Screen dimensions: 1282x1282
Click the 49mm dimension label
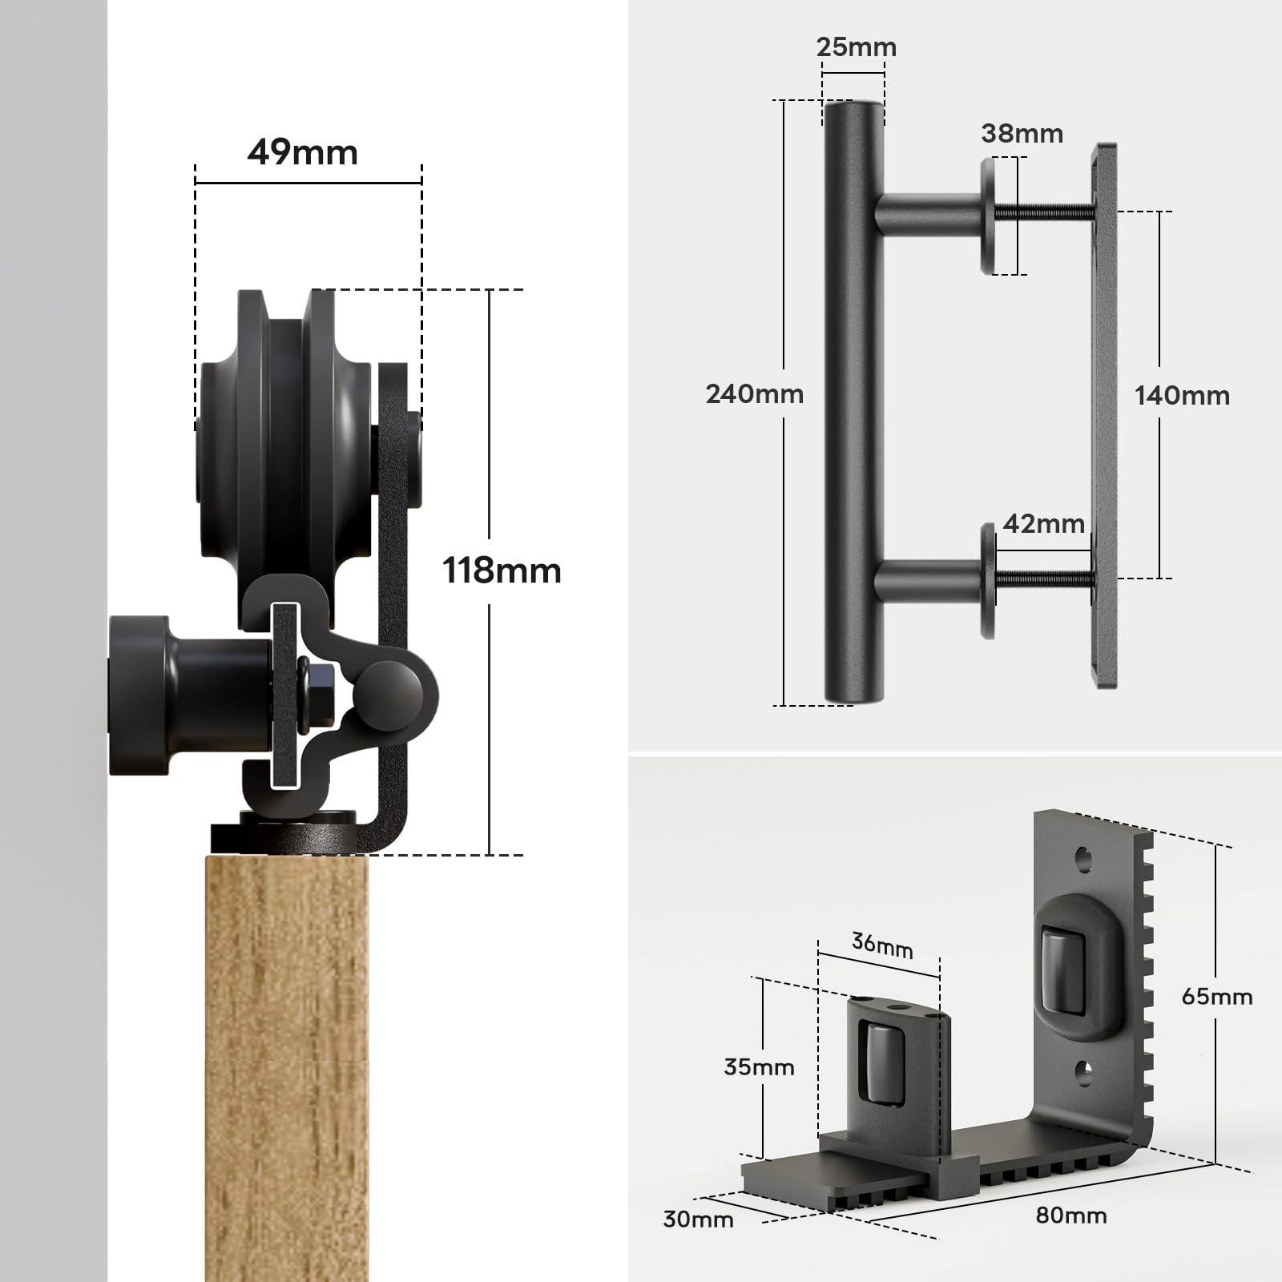click(302, 152)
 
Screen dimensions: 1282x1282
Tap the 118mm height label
click(502, 571)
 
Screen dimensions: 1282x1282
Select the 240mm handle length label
click(754, 394)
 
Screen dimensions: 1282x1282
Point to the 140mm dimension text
click(1182, 395)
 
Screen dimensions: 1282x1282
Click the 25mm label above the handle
click(856, 47)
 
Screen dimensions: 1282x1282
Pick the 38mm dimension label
click(1022, 133)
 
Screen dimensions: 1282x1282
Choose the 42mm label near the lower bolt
click(1043, 524)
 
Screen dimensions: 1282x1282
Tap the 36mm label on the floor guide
click(882, 945)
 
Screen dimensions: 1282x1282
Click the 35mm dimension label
click(759, 1067)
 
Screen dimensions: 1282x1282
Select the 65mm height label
click(1216, 997)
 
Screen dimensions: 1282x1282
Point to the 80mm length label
click(1071, 1215)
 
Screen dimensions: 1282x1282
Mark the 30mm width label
click(698, 1220)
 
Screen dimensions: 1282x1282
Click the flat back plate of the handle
click(1104, 417)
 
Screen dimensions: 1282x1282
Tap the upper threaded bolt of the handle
click(1044, 212)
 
